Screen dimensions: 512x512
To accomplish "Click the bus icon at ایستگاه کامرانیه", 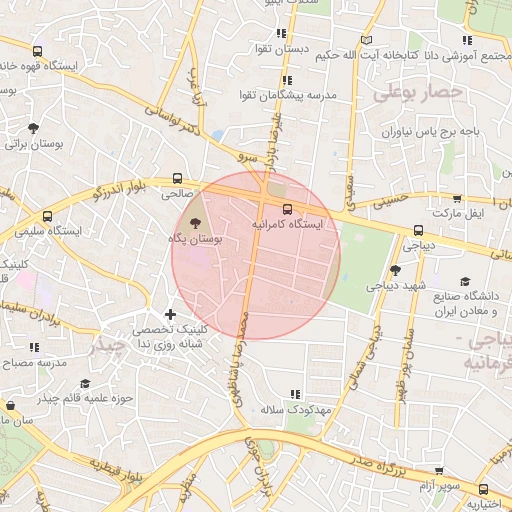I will (x=288, y=209).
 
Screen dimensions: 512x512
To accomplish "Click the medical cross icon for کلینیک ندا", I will (x=169, y=315).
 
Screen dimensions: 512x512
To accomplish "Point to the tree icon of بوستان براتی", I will (x=35, y=128).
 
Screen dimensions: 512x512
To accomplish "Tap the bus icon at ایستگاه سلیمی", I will (x=47, y=215).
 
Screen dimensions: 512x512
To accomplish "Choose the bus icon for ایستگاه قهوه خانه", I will (x=37, y=51).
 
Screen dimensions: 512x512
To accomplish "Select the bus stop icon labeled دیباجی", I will (x=417, y=231).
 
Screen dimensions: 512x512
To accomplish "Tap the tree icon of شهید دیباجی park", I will (x=395, y=270).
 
